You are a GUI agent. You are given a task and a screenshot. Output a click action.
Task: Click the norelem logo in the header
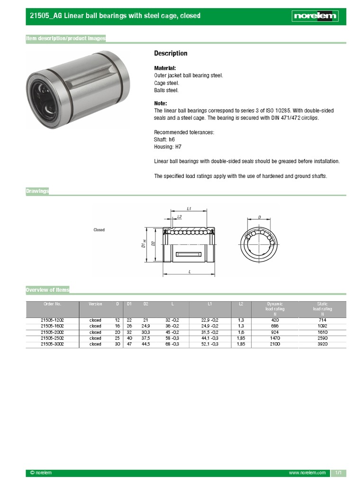pyautogui.click(x=315, y=16)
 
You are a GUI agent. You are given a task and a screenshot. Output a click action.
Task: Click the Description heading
pyautogui.click(x=171, y=53)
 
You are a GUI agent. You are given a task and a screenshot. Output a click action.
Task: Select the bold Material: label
pyautogui.click(x=165, y=68)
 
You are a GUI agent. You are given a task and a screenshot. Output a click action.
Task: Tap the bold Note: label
pyautogui.click(x=161, y=103)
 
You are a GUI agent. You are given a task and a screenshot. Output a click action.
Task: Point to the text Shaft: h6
pyautogui.click(x=164, y=140)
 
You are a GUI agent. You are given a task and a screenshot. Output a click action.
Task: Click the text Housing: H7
pyautogui.click(x=168, y=147)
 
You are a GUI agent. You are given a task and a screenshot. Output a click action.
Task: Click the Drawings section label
pyautogui.click(x=37, y=191)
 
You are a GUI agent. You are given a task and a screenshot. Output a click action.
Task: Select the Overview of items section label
pyautogui.click(x=47, y=290)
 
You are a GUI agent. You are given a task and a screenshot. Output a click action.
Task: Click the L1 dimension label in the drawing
pyautogui.click(x=189, y=208)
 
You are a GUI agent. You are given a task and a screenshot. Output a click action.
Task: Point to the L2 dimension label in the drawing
pyautogui.click(x=179, y=216)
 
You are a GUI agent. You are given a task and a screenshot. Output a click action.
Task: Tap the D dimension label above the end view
pyautogui.click(x=259, y=217)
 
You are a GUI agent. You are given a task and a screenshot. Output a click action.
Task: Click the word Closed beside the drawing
pyautogui.click(x=99, y=230)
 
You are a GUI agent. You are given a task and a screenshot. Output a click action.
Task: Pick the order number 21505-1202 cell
pyautogui.click(x=52, y=320)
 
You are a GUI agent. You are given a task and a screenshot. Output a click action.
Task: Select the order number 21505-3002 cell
pyautogui.click(x=52, y=344)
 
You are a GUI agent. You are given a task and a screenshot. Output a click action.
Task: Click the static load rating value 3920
pyautogui.click(x=322, y=344)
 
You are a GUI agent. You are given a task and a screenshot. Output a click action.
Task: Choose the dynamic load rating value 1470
pyautogui.click(x=275, y=338)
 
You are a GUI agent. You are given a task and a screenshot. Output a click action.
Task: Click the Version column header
pyautogui.click(x=95, y=304)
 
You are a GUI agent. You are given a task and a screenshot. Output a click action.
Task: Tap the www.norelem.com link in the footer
pyautogui.click(x=307, y=473)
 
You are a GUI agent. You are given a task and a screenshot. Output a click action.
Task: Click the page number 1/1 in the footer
pyautogui.click(x=338, y=473)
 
